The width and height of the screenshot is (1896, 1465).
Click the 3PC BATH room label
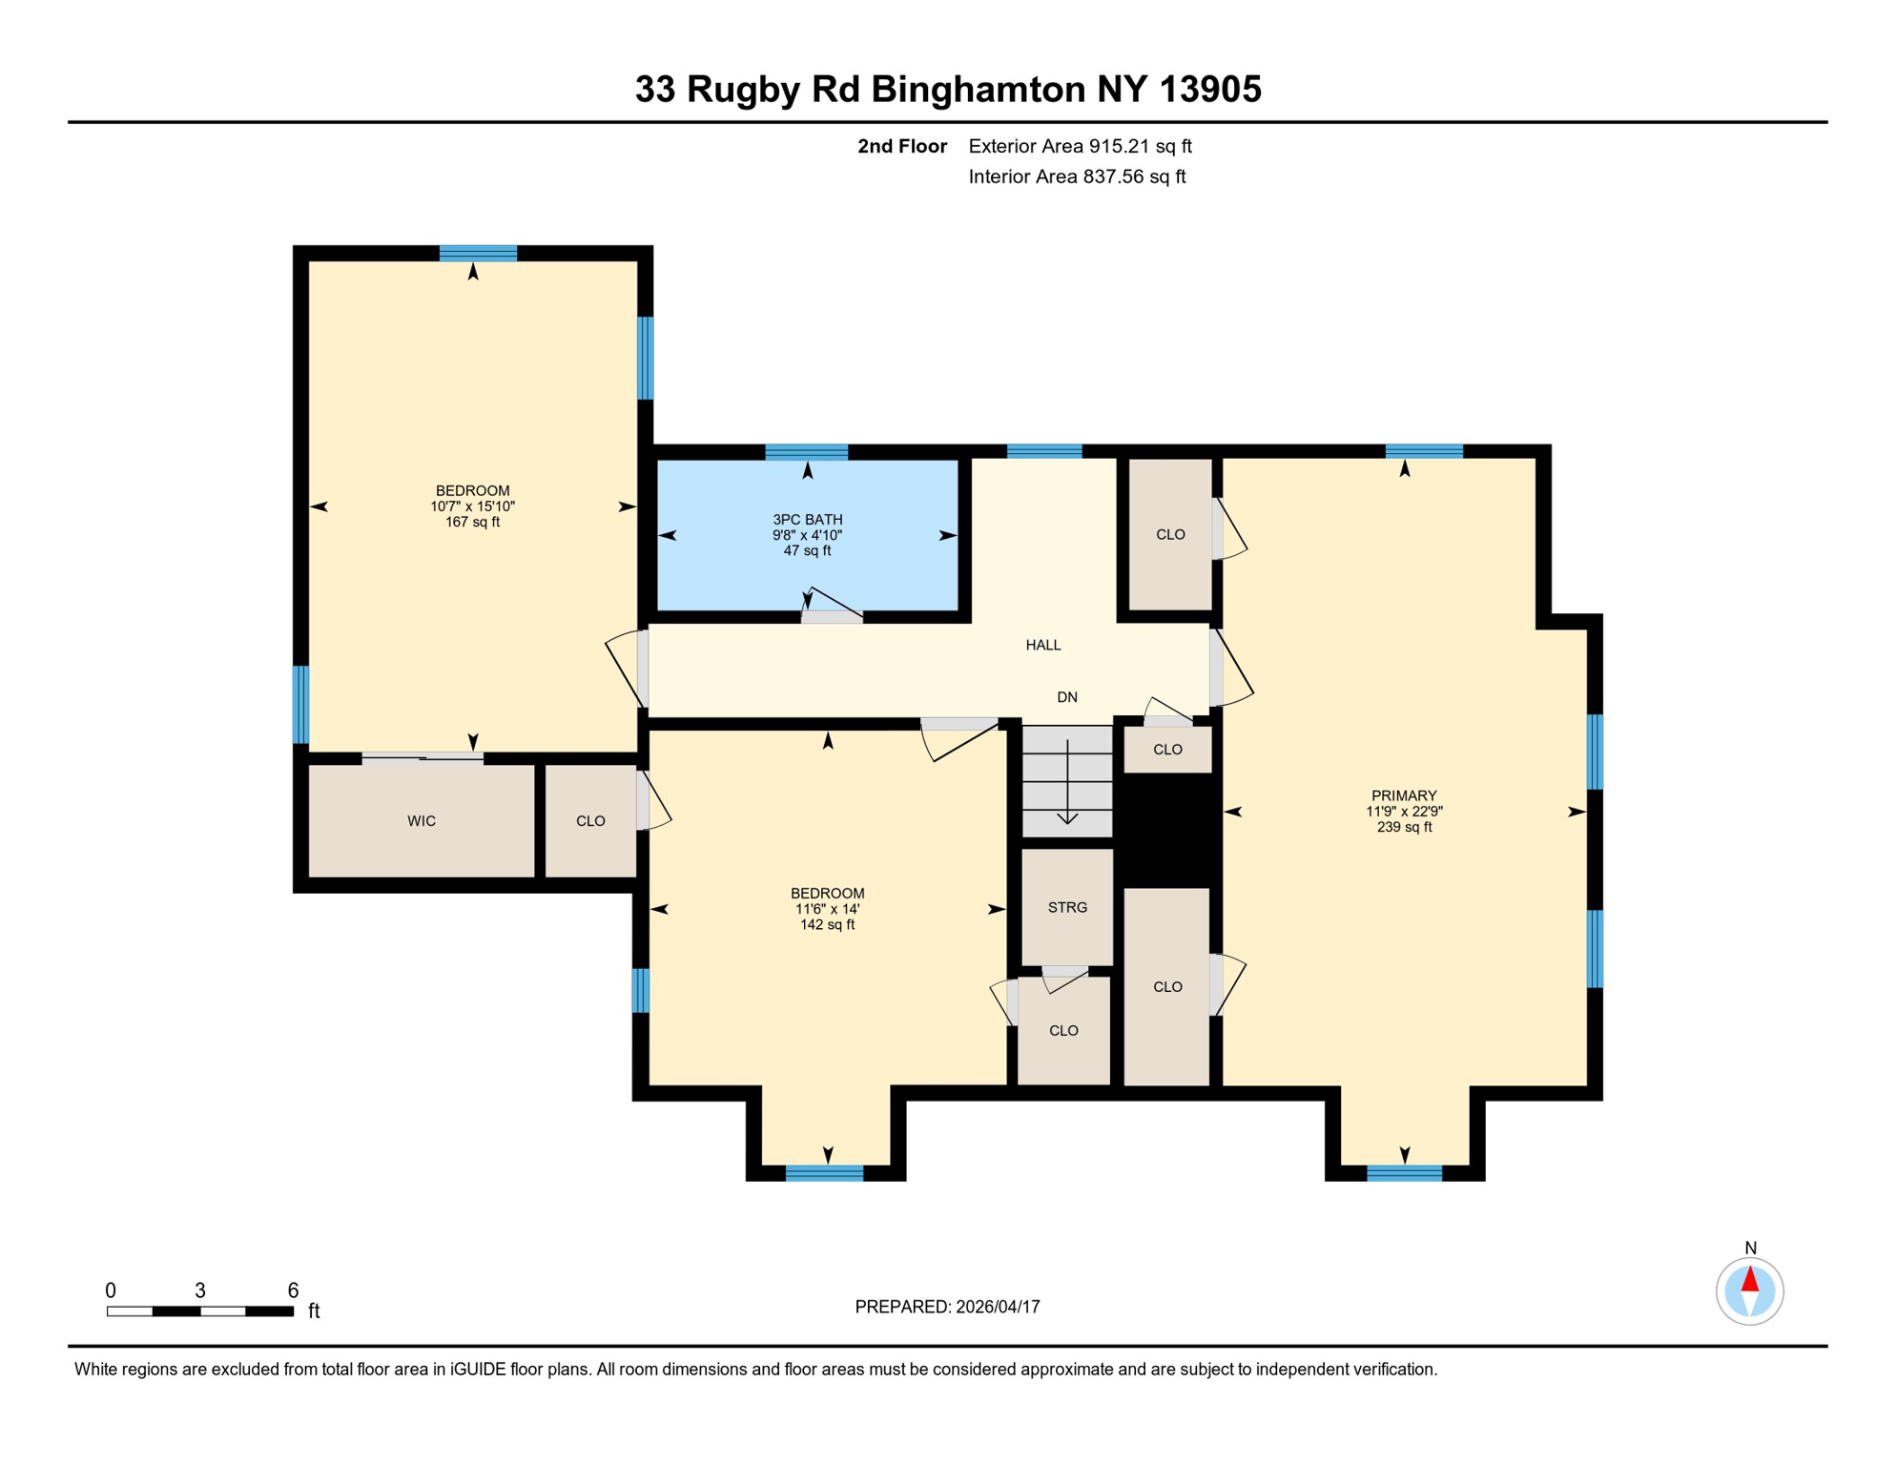tap(807, 519)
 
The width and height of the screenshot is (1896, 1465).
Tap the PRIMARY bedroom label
tap(1403, 795)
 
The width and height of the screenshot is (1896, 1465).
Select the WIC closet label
tap(422, 821)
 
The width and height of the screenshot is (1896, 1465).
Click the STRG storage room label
tap(1067, 907)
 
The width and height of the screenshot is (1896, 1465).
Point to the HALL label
tap(1042, 645)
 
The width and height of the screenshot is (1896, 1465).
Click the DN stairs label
tap(1067, 697)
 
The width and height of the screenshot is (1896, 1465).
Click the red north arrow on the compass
tap(1749, 1279)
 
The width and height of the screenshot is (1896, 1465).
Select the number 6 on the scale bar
tap(293, 1290)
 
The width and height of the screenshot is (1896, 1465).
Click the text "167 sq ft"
tap(472, 523)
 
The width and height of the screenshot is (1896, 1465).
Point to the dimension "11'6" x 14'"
tap(827, 909)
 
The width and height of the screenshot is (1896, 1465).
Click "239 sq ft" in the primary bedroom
tap(1403, 827)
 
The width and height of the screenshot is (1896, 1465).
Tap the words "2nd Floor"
tap(901, 146)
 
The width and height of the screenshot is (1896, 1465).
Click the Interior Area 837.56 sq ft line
tap(1076, 176)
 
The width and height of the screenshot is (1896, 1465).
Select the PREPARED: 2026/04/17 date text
tap(947, 1307)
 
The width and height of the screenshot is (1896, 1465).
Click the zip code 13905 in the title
tap(1210, 90)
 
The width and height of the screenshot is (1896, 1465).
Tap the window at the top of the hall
tap(1044, 451)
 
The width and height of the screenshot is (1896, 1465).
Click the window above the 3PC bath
tap(806, 451)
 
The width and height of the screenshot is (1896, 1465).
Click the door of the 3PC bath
tap(832, 616)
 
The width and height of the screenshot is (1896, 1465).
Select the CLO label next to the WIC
tap(590, 821)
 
